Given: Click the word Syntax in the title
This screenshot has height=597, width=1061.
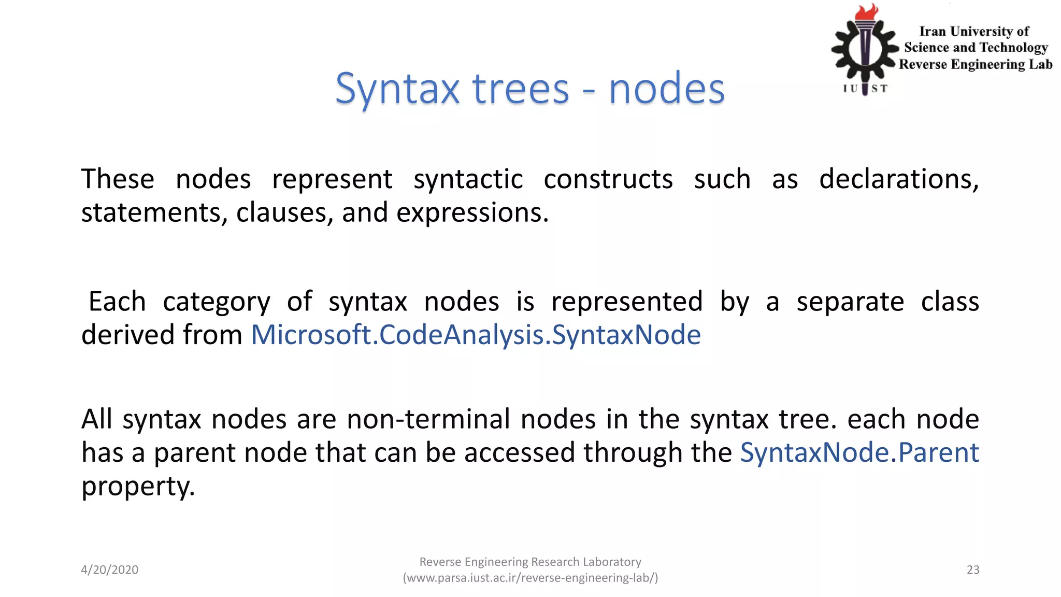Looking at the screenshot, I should pyautogui.click(x=397, y=89).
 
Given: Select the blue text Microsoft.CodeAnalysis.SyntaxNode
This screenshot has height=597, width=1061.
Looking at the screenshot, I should pyautogui.click(x=476, y=335).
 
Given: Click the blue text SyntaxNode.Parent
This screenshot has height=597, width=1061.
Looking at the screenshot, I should pyautogui.click(x=859, y=452).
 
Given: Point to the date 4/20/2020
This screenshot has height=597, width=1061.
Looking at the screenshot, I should pyautogui.click(x=109, y=570).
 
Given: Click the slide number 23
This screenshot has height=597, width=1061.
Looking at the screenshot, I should pyautogui.click(x=973, y=570).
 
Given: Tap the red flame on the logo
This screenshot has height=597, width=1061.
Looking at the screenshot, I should pyautogui.click(x=866, y=12).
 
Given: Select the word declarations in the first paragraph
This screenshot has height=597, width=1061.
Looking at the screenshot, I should pyautogui.click(x=898, y=179).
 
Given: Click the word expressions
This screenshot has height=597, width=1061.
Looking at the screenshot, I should pyautogui.click(x=472, y=213).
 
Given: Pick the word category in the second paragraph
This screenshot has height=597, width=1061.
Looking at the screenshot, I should pyautogui.click(x=217, y=302).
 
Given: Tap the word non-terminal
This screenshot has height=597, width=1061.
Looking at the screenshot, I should pyautogui.click(x=428, y=419).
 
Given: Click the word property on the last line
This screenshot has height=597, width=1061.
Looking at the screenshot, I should pyautogui.click(x=138, y=487).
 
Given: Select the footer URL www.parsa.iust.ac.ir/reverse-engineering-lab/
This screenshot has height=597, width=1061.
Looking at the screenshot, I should pyautogui.click(x=530, y=578).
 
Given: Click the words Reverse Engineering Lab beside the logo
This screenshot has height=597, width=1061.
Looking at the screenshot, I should pyautogui.click(x=976, y=64).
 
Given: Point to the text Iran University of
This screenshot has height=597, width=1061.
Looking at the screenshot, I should pyautogui.click(x=974, y=32).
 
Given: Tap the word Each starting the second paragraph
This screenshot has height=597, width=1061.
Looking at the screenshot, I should pyautogui.click(x=117, y=302).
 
